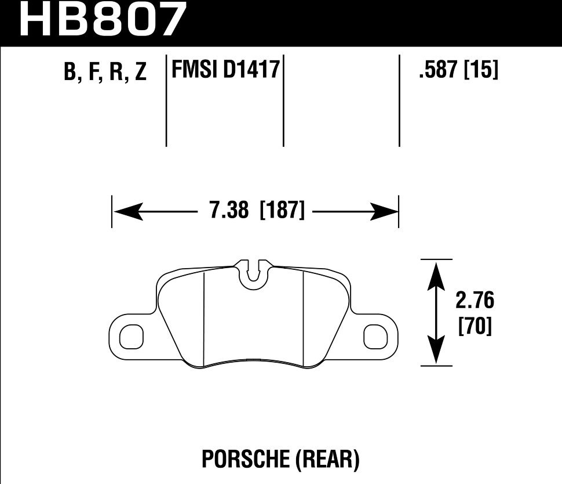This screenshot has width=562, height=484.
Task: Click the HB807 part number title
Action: (x=104, y=20)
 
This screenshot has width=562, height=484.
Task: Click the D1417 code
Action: (x=251, y=71)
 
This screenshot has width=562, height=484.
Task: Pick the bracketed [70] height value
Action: (x=475, y=327)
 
